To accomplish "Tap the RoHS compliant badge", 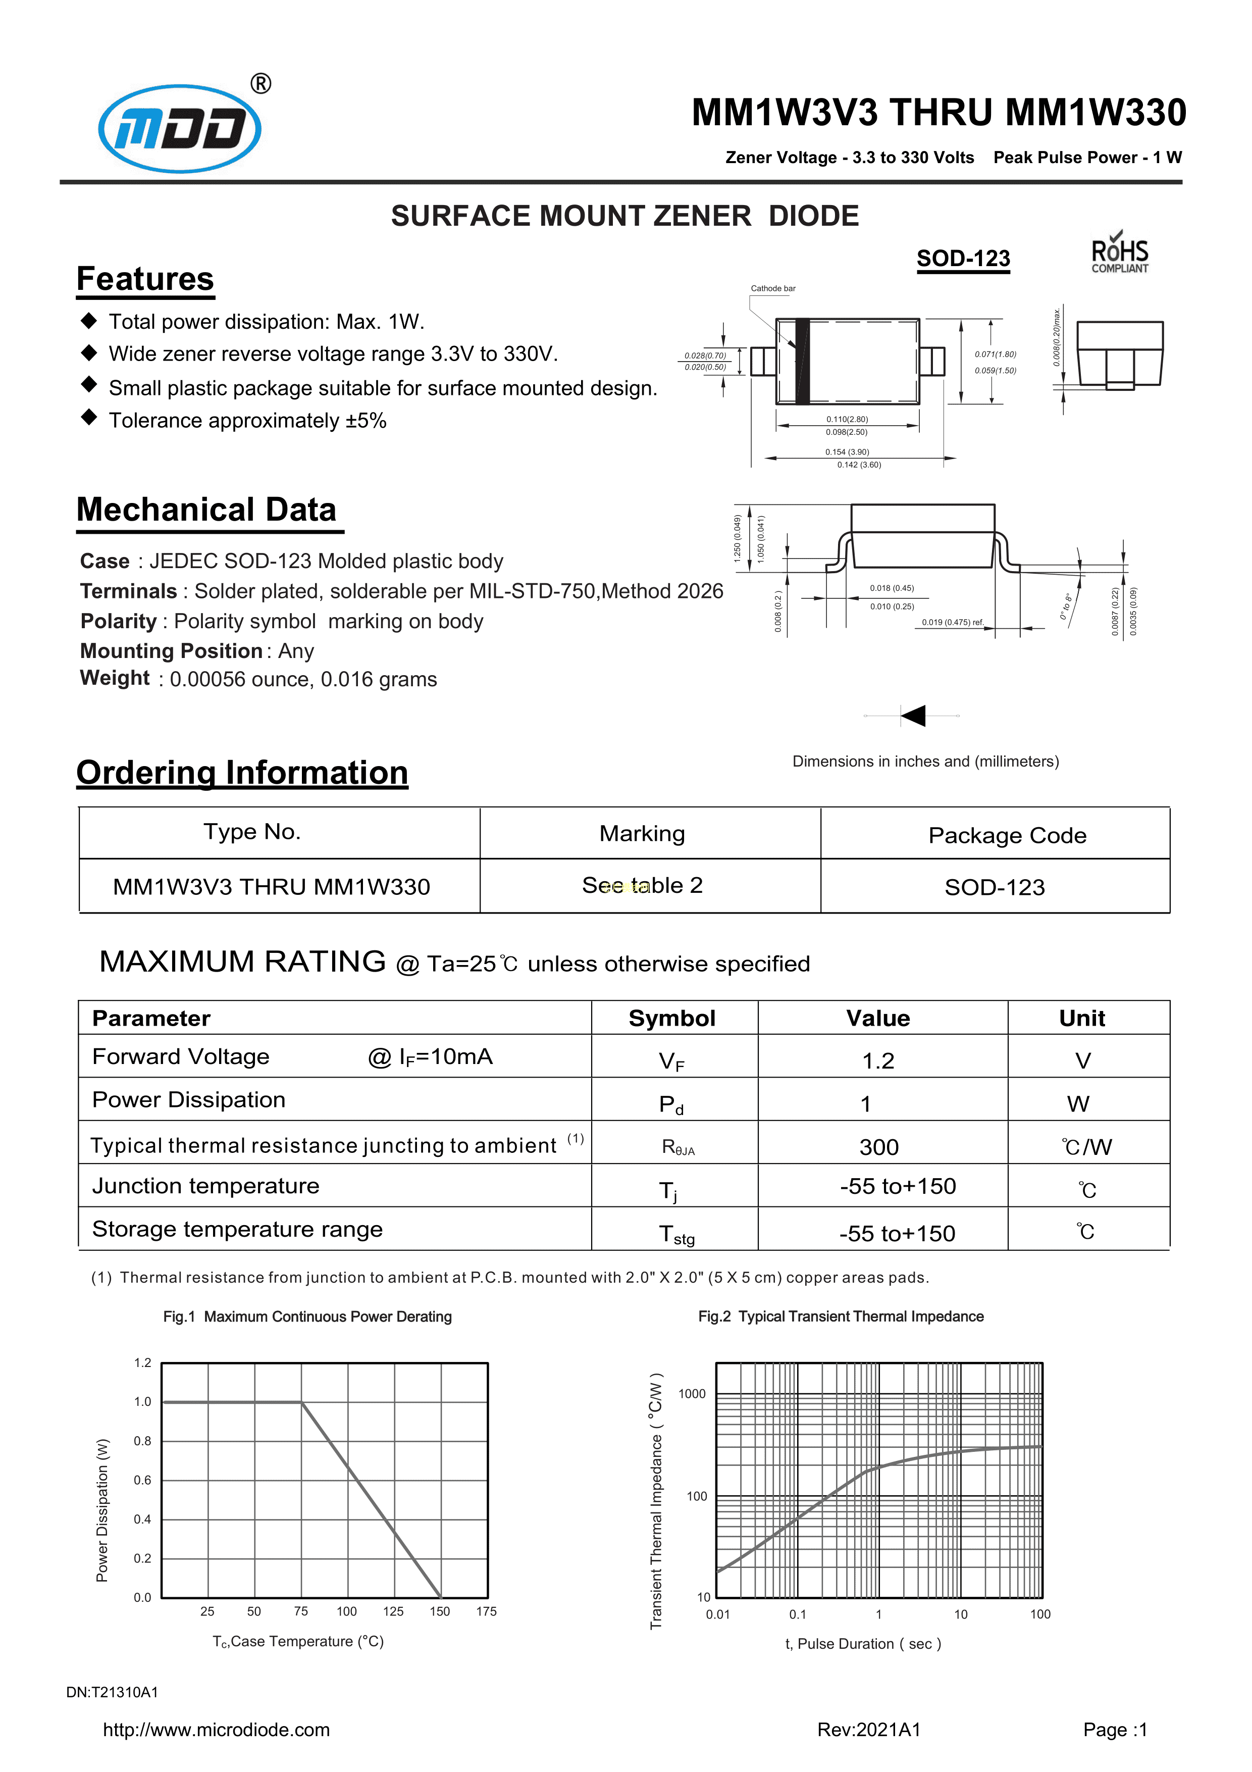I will click(1119, 253).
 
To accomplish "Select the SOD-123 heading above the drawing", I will click(963, 259).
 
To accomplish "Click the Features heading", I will click(145, 279).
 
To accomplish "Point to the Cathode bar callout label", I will click(773, 289).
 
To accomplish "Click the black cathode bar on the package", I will click(802, 361).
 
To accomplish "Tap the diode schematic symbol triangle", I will click(914, 716).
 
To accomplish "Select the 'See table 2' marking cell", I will click(642, 885).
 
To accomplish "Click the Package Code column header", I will click(1007, 835).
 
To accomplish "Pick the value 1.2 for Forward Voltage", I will click(878, 1061).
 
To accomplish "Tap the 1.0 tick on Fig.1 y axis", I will click(143, 1401).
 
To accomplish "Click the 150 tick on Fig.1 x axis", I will click(440, 1611).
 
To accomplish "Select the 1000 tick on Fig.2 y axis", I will click(692, 1394).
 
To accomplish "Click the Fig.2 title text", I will click(841, 1317).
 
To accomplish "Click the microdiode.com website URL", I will click(216, 1730).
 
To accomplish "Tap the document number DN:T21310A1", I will click(112, 1693).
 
